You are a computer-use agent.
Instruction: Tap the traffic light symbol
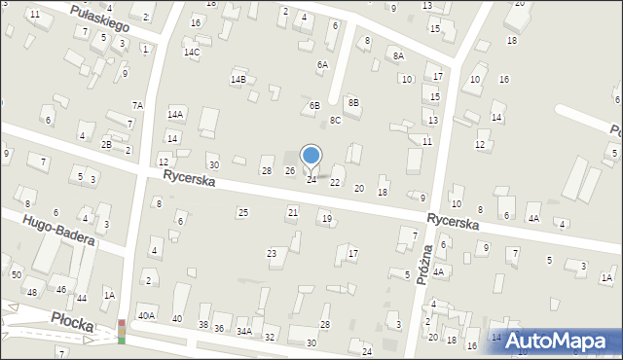[x=122, y=331]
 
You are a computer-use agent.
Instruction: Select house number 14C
[x=192, y=53]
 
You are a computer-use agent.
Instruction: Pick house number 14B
[x=238, y=79]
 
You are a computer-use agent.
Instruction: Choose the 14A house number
[x=175, y=114]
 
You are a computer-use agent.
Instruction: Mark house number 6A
[x=322, y=64]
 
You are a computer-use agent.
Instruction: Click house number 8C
[x=335, y=120]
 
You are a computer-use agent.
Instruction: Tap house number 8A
[x=398, y=56]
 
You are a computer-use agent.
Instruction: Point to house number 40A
[x=146, y=315]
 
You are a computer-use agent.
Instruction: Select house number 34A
[x=243, y=332]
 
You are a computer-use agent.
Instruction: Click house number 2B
[x=106, y=144]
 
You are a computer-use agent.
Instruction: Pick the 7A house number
[x=138, y=105]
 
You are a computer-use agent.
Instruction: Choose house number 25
[x=243, y=212]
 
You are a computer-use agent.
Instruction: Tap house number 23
[x=272, y=253]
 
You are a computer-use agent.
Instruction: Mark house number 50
[x=17, y=275]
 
